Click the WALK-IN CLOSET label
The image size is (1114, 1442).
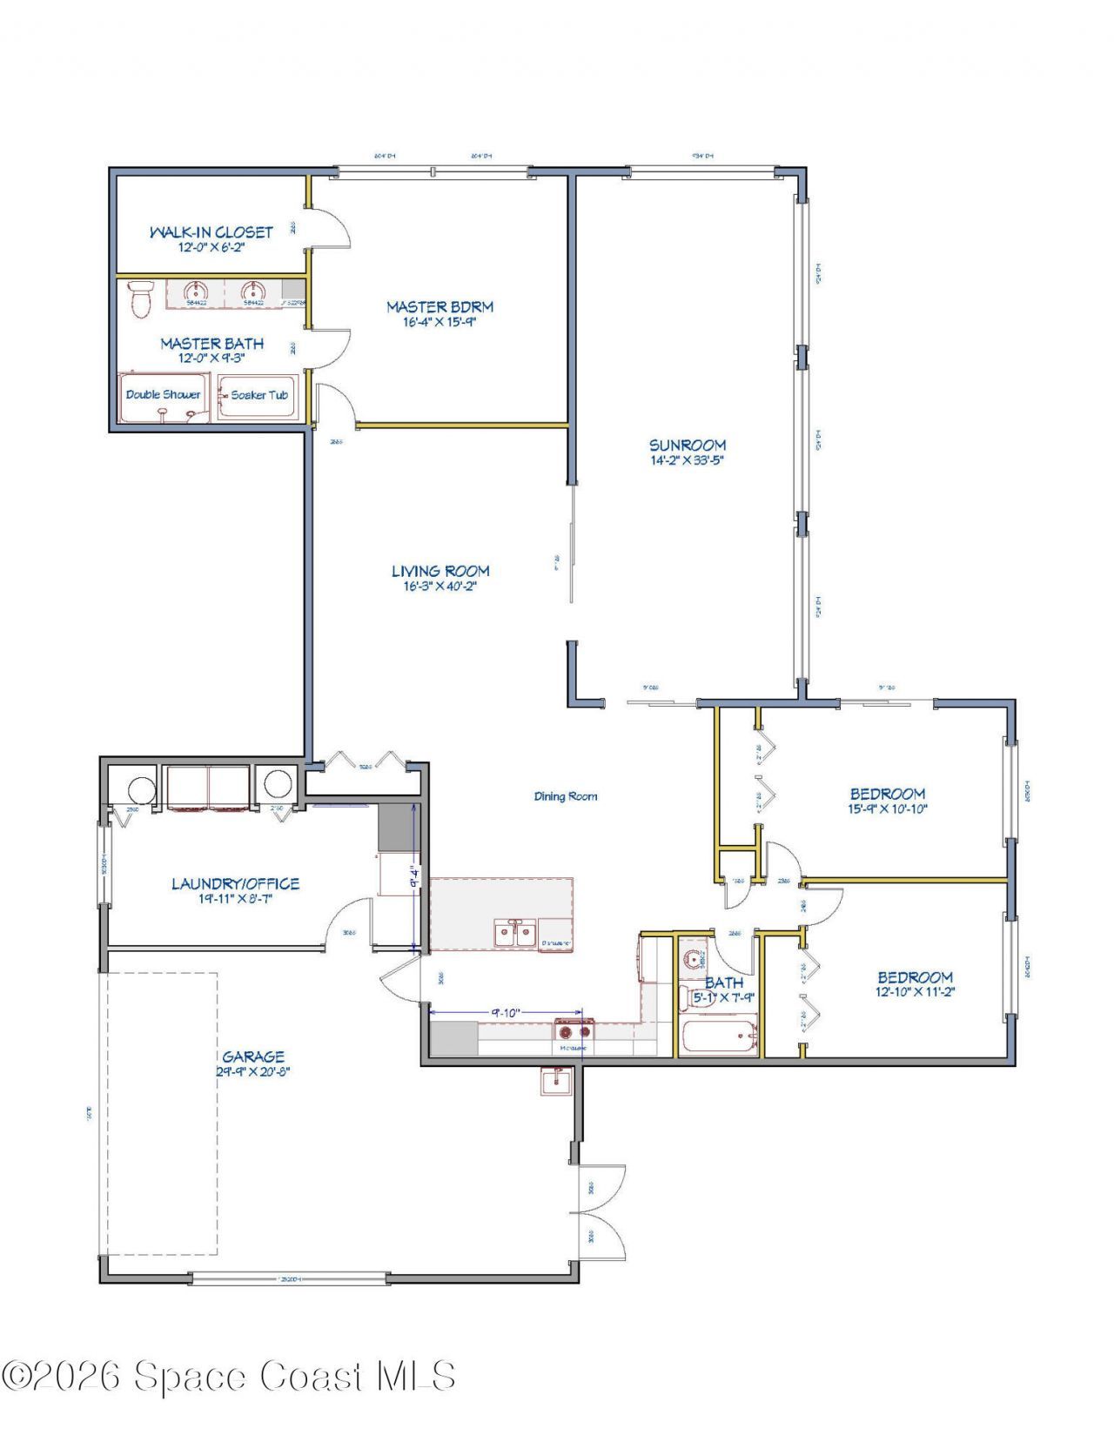[211, 232]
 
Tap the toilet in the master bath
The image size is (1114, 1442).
[139, 299]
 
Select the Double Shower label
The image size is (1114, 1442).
[163, 394]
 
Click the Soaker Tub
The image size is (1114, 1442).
[259, 395]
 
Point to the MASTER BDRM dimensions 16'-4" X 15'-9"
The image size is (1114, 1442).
[440, 322]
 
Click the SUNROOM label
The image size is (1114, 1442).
[688, 445]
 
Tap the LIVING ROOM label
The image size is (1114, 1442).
[440, 571]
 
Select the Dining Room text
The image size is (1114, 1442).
[566, 796]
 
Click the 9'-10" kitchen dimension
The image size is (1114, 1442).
[506, 1012]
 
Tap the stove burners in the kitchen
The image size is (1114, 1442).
[574, 1032]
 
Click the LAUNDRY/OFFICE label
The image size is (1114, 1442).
[235, 883]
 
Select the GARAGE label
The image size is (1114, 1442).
[253, 1056]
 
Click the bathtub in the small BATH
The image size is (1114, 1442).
[719, 1037]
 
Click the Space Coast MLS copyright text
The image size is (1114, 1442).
[228, 1377]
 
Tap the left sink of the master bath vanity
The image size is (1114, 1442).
[196, 292]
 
